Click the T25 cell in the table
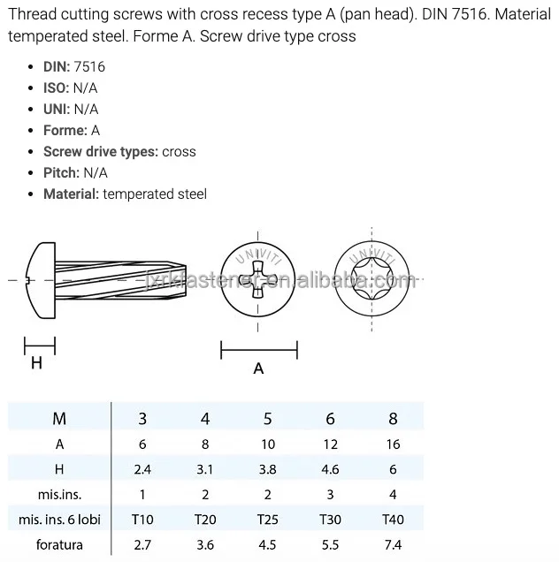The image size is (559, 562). point(267,520)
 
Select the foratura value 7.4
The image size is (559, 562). point(393,544)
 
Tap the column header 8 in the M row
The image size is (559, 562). point(393,419)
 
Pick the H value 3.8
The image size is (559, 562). point(267,469)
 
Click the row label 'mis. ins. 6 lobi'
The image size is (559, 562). point(60,520)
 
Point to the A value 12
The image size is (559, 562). point(330,444)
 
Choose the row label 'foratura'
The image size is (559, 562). point(59,544)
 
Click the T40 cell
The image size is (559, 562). point(393,520)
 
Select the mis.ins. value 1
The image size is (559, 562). point(142,495)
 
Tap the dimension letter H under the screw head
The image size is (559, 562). point(36,363)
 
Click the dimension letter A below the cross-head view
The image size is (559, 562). point(258,368)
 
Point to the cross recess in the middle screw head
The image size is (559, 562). point(258,280)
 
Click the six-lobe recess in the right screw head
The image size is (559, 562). point(373,280)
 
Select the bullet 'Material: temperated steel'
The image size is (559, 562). point(125,194)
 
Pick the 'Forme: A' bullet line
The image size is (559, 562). point(72,130)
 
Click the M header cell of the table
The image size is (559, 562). point(59,419)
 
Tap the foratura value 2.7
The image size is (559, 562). point(142,544)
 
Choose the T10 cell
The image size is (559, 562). point(142,520)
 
